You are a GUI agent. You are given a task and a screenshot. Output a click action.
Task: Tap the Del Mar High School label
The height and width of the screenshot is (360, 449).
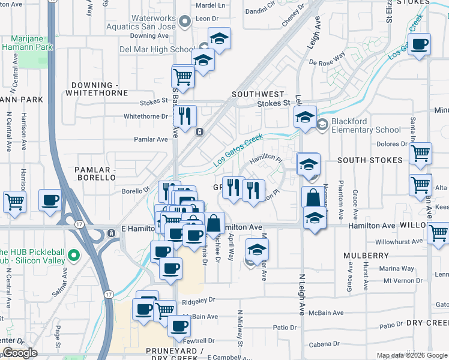pyautogui.click(x=157, y=49)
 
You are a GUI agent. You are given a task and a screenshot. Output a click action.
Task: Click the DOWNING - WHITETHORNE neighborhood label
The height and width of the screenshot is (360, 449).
pyautogui.click(x=99, y=89)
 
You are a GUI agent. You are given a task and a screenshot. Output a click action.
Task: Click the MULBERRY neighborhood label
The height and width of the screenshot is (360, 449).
pyautogui.click(x=366, y=256)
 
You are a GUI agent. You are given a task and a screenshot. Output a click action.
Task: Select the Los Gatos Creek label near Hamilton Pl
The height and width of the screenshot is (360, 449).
pyautogui.click(x=239, y=151)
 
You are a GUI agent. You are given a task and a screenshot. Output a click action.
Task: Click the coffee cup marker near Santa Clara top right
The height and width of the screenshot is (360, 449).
pyautogui.click(x=419, y=44)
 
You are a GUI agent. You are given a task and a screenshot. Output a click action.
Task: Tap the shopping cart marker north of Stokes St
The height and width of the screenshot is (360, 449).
pyautogui.click(x=183, y=76)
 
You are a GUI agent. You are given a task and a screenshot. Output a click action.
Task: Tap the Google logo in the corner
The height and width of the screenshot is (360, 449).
pyautogui.click(x=20, y=353)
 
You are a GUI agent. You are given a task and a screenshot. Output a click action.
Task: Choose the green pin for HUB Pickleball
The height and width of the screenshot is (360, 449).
pyautogui.click(x=74, y=256)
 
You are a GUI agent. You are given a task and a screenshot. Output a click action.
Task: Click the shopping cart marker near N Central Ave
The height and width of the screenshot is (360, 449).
pyautogui.click(x=14, y=201)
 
